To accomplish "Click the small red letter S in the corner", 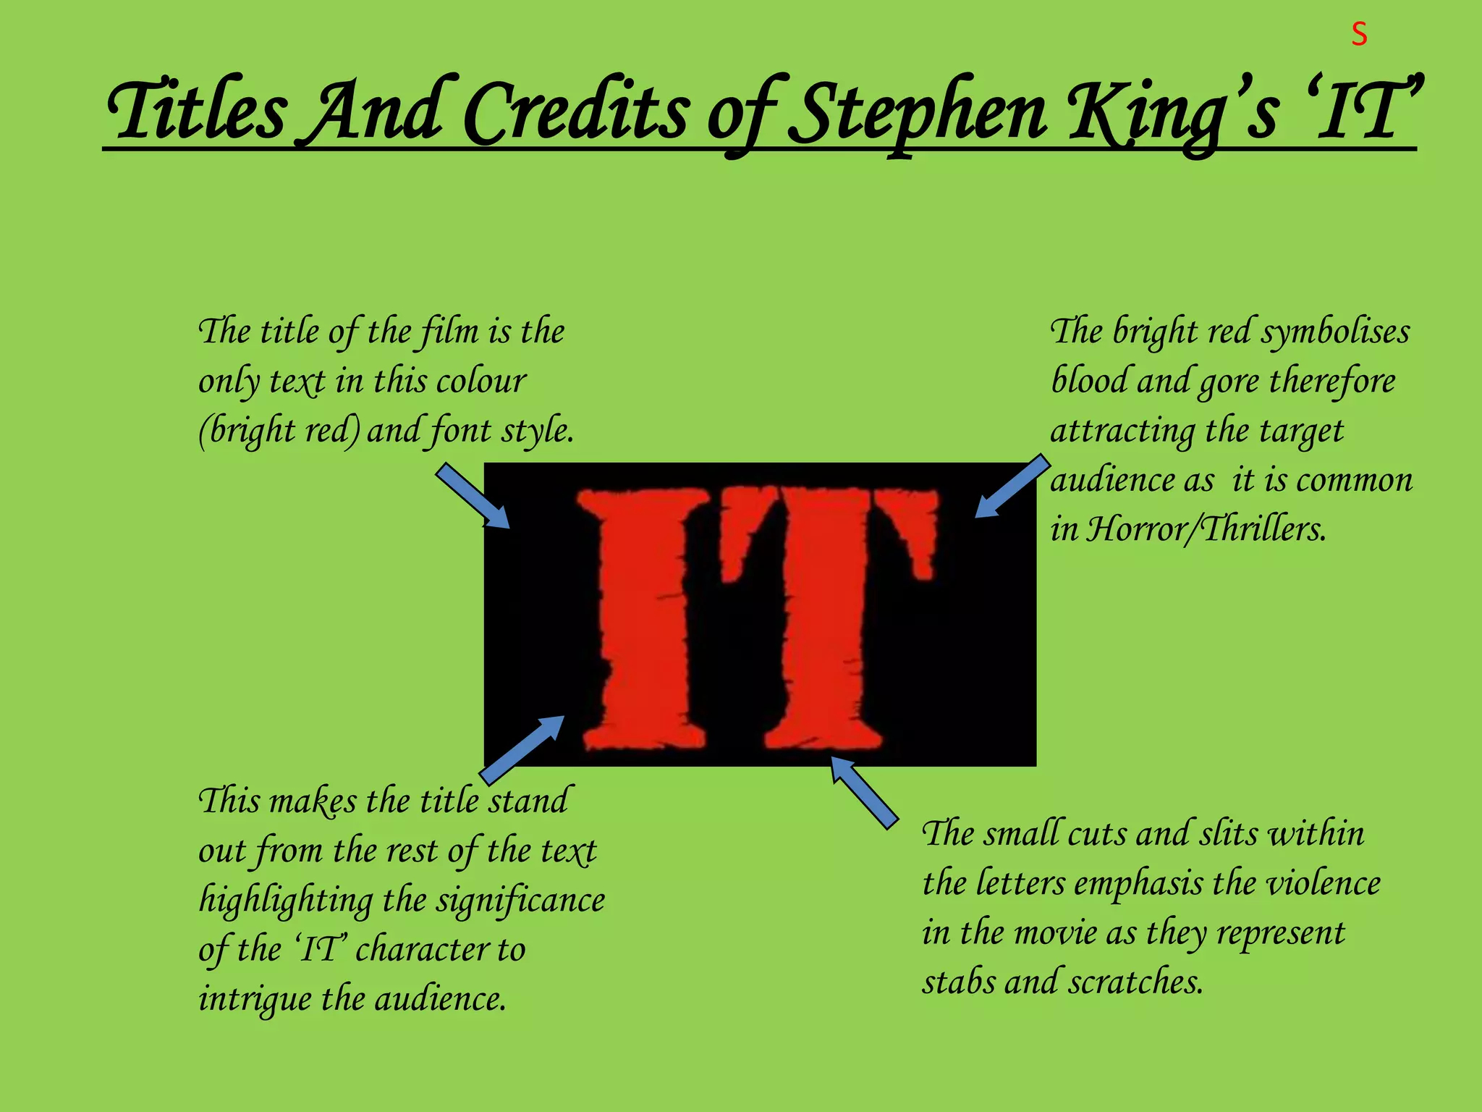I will pos(1359,35).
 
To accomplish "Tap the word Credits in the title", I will pos(575,112).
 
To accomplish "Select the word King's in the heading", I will pos(1173,112).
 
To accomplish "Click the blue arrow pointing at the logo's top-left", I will pos(473,496).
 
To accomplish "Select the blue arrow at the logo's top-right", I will pos(1012,486).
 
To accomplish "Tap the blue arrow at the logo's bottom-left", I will pos(522,749).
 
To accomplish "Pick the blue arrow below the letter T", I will pos(864,792).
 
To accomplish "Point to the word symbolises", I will pos(1335,332).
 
